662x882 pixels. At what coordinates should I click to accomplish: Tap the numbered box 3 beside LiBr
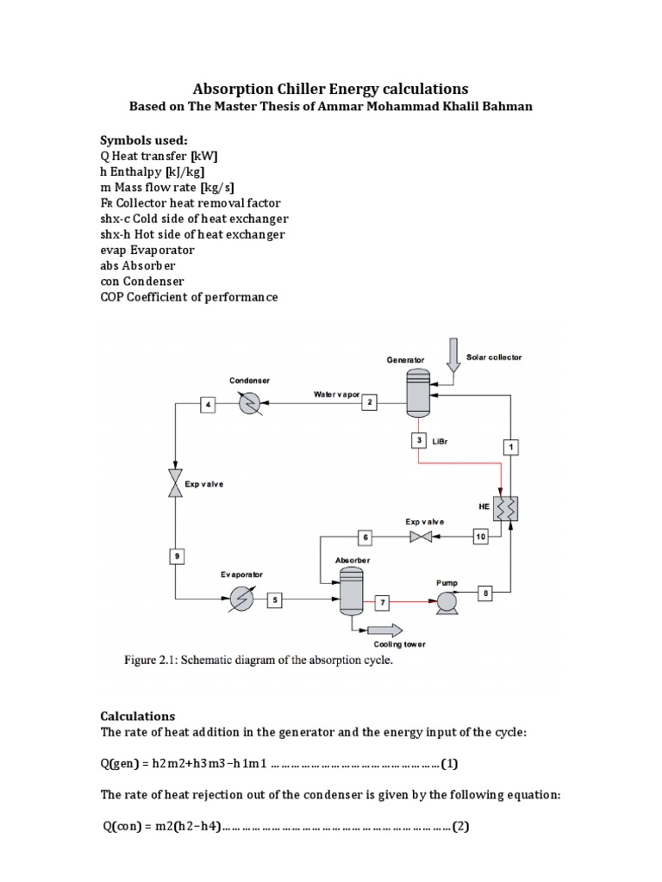tap(418, 440)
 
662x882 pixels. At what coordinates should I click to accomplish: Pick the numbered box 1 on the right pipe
tap(510, 446)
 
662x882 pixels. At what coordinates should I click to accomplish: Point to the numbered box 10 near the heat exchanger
tap(481, 537)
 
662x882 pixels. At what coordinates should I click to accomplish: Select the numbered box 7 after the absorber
tap(383, 600)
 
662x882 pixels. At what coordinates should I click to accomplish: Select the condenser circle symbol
tap(250, 403)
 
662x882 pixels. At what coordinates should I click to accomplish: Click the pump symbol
tap(446, 601)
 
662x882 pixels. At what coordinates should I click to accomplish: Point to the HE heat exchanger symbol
tap(503, 508)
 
